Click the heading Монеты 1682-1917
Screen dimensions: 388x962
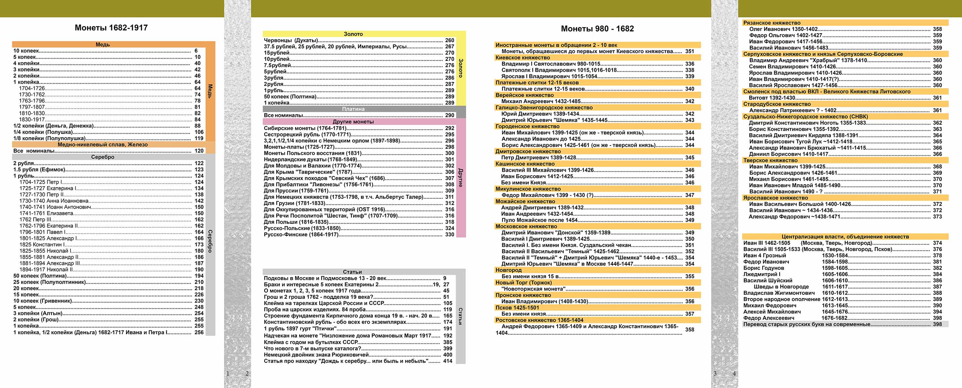click(x=111, y=27)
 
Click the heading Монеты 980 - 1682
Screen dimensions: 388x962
click(x=597, y=29)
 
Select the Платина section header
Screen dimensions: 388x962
click(x=353, y=109)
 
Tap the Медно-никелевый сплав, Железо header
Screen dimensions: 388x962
click(x=102, y=145)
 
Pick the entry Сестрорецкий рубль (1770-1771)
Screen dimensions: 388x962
click(x=307, y=135)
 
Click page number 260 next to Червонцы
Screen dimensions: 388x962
click(x=449, y=40)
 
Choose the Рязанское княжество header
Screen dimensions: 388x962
click(x=772, y=23)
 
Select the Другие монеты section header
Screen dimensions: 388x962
click(x=353, y=122)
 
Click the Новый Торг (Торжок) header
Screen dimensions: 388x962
click(x=523, y=283)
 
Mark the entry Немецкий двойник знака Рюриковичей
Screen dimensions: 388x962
click(x=316, y=355)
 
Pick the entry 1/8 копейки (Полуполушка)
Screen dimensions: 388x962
click(x=49, y=138)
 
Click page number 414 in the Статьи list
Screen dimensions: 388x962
click(x=447, y=361)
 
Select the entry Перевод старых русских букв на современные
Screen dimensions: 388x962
click(x=807, y=324)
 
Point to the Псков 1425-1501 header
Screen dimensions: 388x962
click(x=517, y=308)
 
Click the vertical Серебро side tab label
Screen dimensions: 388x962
click(x=210, y=241)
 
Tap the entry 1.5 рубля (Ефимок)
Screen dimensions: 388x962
click(x=39, y=169)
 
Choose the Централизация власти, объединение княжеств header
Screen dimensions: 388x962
click(x=845, y=236)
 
